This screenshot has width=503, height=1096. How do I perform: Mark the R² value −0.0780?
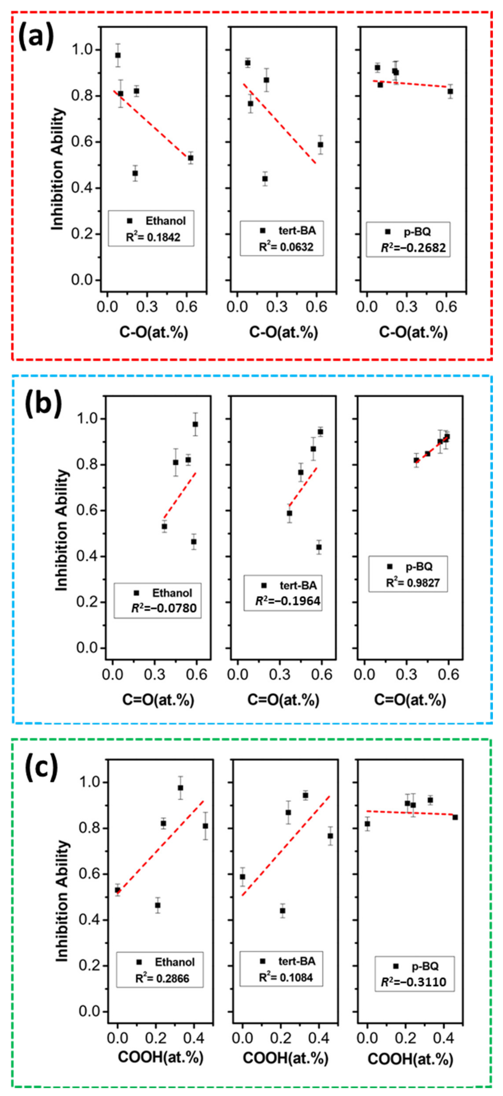point(164,608)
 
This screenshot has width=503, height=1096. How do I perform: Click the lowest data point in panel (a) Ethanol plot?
point(135,173)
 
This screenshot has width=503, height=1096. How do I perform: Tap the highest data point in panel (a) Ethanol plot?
point(118,55)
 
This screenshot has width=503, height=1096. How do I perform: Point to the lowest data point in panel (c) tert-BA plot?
point(282,911)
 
